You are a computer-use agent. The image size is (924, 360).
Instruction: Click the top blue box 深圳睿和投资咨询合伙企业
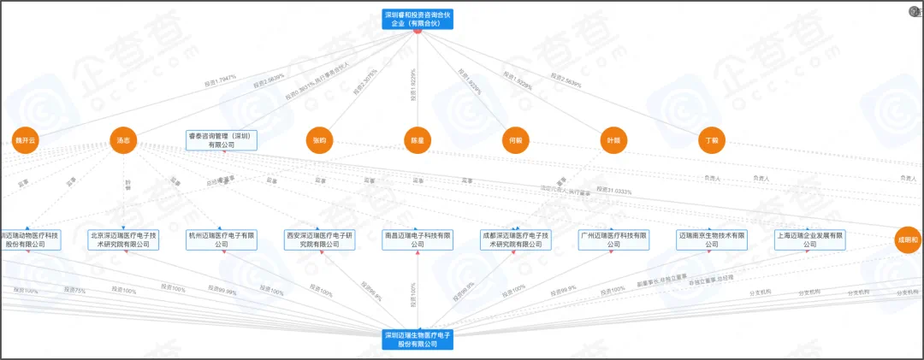pos(417,19)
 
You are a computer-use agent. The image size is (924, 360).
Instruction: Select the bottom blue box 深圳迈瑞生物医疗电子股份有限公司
pos(417,339)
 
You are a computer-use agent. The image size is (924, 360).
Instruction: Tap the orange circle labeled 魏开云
pos(26,140)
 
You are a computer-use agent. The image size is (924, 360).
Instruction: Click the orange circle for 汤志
pos(123,140)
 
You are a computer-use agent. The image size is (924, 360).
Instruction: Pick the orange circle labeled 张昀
pos(319,140)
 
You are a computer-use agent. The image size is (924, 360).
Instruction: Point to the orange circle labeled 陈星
pos(417,140)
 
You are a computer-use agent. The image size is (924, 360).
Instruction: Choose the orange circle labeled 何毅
pos(515,140)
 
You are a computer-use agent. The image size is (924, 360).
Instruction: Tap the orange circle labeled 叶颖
pos(613,140)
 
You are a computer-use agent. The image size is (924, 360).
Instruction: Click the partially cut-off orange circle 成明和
pos(909,240)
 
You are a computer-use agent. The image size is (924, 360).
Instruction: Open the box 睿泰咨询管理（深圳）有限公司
pos(222,140)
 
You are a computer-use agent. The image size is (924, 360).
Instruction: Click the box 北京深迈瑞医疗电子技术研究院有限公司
pos(124,239)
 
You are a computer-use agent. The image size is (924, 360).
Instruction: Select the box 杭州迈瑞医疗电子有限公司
pos(222,239)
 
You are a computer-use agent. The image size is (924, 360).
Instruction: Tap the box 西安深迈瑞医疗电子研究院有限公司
pos(319,239)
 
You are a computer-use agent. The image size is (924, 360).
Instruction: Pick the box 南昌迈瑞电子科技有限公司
pos(417,239)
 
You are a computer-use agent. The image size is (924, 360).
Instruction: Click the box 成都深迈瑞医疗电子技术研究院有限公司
pos(515,239)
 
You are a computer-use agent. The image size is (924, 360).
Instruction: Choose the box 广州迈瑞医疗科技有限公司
pos(613,239)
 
